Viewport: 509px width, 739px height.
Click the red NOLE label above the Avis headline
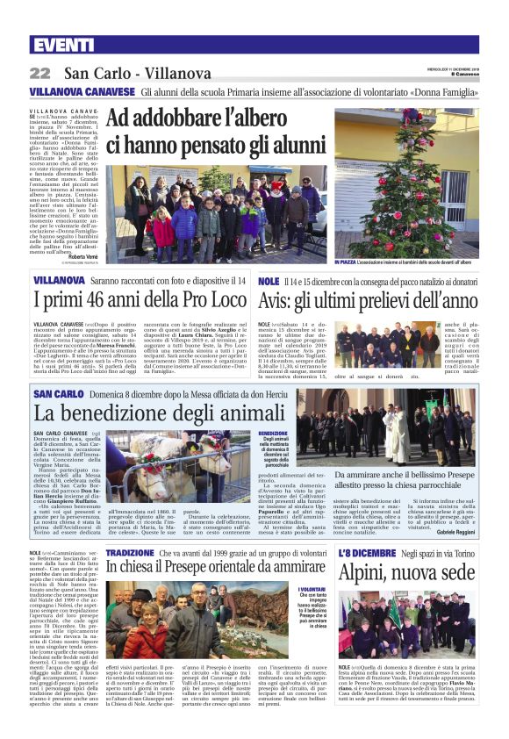pos(269,280)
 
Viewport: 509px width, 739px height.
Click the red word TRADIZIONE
pos(129,554)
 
